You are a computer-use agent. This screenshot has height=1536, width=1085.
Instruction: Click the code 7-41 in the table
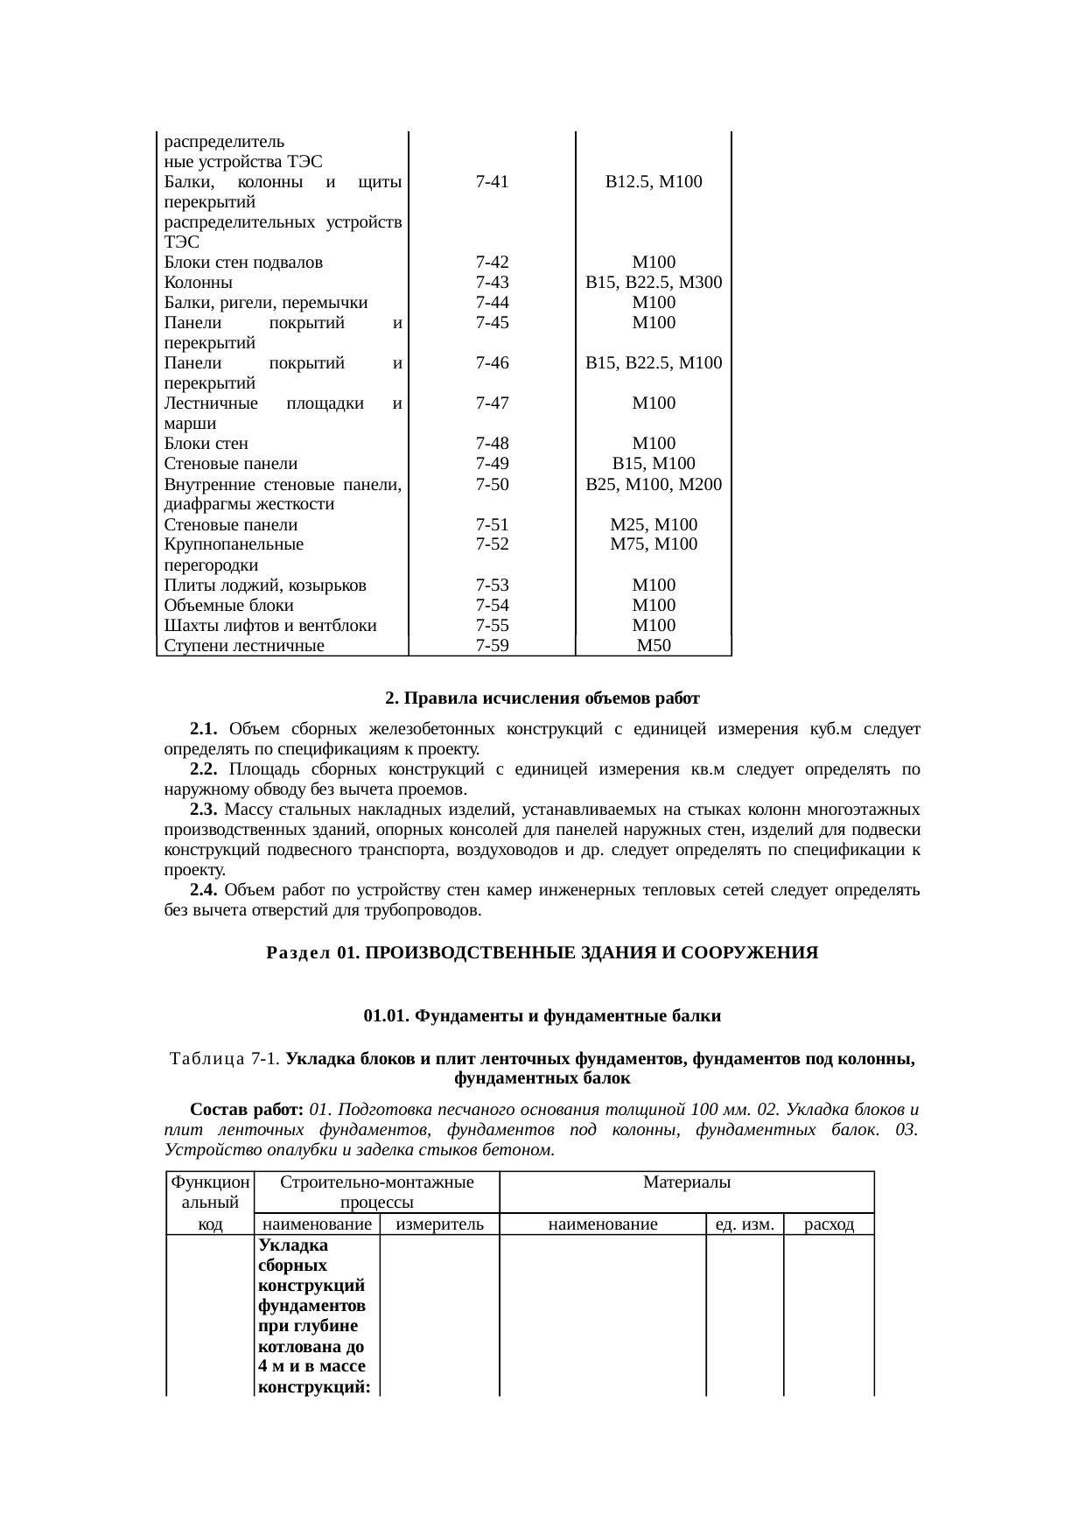click(x=492, y=182)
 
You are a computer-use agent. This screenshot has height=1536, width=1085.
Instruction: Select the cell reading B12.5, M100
click(x=653, y=182)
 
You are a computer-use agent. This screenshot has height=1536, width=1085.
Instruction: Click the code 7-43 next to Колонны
click(x=492, y=283)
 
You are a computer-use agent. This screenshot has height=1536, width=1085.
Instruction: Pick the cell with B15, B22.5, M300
click(x=653, y=283)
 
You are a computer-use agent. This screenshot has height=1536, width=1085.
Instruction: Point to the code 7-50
click(x=492, y=484)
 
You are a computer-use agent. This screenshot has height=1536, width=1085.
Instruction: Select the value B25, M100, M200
click(x=653, y=484)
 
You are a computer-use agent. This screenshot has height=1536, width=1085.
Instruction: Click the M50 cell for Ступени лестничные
click(x=653, y=646)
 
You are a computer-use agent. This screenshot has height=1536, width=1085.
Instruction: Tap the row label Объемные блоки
click(x=228, y=606)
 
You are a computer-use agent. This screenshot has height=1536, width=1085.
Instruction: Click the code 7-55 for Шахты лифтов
click(x=492, y=626)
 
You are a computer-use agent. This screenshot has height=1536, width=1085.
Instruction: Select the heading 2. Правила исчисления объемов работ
click(x=542, y=698)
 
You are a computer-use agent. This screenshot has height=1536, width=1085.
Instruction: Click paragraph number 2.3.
click(x=203, y=809)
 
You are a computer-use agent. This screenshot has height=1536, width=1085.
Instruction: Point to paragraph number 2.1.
click(x=203, y=729)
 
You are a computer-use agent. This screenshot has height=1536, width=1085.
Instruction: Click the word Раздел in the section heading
click(x=297, y=953)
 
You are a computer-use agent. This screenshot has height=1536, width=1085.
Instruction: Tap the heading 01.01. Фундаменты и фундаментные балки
click(x=542, y=1016)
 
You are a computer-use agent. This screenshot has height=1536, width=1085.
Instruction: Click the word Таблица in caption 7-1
click(x=207, y=1059)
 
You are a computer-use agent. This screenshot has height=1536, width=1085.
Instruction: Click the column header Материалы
click(x=686, y=1182)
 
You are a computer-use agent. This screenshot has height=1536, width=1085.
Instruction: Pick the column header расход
click(x=828, y=1224)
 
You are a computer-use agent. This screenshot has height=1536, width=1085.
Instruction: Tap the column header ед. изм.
click(x=744, y=1224)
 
